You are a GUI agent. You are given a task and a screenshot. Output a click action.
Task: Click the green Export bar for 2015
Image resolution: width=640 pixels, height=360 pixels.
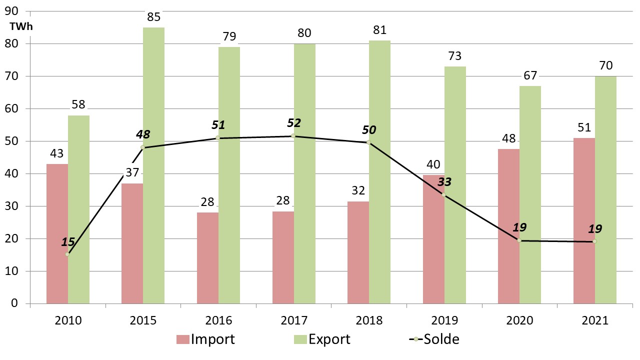pyautogui.click(x=153, y=165)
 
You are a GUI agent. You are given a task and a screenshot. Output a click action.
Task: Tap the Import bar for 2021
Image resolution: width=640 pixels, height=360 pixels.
pyautogui.click(x=584, y=220)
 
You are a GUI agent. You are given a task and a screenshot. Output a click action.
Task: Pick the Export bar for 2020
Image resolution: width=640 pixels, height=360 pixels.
pyautogui.click(x=530, y=194)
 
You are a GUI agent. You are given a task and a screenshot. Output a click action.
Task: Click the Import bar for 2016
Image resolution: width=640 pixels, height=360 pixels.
pyautogui.click(x=207, y=258)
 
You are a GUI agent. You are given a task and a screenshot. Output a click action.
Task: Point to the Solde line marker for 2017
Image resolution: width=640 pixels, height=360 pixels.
pyautogui.click(x=293, y=135)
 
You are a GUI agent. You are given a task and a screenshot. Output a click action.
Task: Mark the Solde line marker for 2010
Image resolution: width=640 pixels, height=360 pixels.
pyautogui.click(x=67, y=254)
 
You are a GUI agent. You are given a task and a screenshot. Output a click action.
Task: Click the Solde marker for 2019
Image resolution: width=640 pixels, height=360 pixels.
pyautogui.click(x=443, y=194)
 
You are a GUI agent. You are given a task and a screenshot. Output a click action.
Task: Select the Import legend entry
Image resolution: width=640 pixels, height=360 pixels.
pyautogui.click(x=205, y=339)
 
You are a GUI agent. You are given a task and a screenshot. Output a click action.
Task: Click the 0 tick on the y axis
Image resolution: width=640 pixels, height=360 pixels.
pyautogui.click(x=15, y=303)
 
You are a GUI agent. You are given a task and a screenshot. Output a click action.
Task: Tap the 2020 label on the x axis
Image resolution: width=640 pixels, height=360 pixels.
pyautogui.click(x=519, y=320)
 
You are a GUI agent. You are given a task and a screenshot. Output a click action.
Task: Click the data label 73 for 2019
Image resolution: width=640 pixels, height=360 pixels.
pyautogui.click(x=455, y=56)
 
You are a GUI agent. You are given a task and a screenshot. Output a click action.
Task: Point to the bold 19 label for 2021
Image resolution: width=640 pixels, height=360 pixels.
pyautogui.click(x=594, y=229)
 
